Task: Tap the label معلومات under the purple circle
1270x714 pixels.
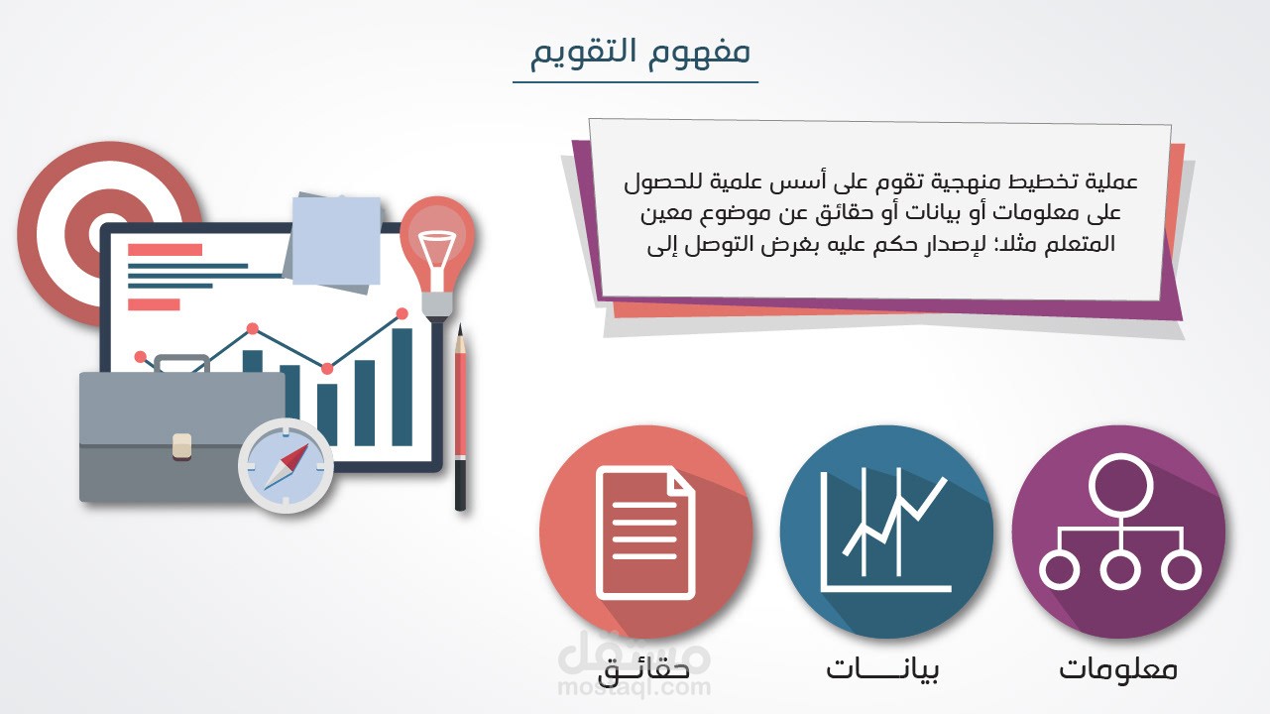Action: pyautogui.click(x=1117, y=668)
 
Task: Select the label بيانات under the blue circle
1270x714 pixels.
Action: pyautogui.click(x=882, y=668)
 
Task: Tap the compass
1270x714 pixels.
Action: pyautogui.click(x=285, y=465)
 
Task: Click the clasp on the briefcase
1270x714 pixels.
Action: pyautogui.click(x=181, y=444)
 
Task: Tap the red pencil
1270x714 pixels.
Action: pyautogui.click(x=460, y=416)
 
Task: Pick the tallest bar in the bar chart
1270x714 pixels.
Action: pyautogui.click(x=402, y=387)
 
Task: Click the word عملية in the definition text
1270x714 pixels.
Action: pyautogui.click(x=1112, y=182)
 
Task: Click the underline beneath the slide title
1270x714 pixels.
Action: pyautogui.click(x=635, y=82)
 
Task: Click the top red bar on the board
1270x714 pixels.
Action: pyautogui.click(x=165, y=250)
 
